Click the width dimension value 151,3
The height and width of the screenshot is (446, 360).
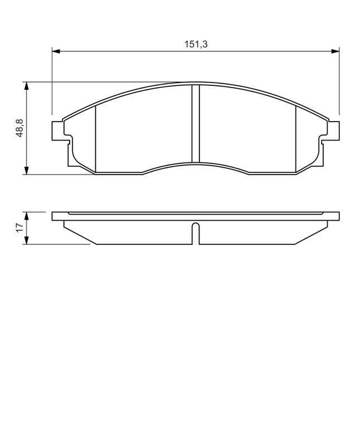(196, 45)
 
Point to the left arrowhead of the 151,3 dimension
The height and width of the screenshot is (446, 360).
(56, 51)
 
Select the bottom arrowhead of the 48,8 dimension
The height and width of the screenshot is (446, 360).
(26, 171)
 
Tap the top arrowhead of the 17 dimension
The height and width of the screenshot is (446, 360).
(26, 215)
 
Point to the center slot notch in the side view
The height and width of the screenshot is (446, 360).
(196, 233)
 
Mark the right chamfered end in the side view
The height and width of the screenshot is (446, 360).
(310, 233)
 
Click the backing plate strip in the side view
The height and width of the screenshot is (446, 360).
(196, 216)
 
